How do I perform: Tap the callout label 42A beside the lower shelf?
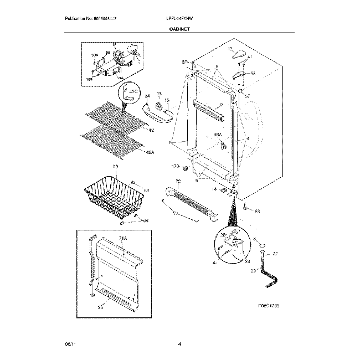pos(150,152)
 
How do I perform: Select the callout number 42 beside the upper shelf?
pos(151,130)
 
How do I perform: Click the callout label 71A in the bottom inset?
pos(123,238)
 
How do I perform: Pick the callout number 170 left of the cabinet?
pos(176,166)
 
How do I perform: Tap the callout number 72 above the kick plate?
pos(178,182)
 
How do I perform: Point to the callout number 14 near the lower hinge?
pos(214,189)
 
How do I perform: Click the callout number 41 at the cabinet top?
pos(250,57)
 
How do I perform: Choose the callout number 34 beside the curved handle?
pos(147,97)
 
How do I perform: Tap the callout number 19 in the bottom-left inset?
pos(92,296)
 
